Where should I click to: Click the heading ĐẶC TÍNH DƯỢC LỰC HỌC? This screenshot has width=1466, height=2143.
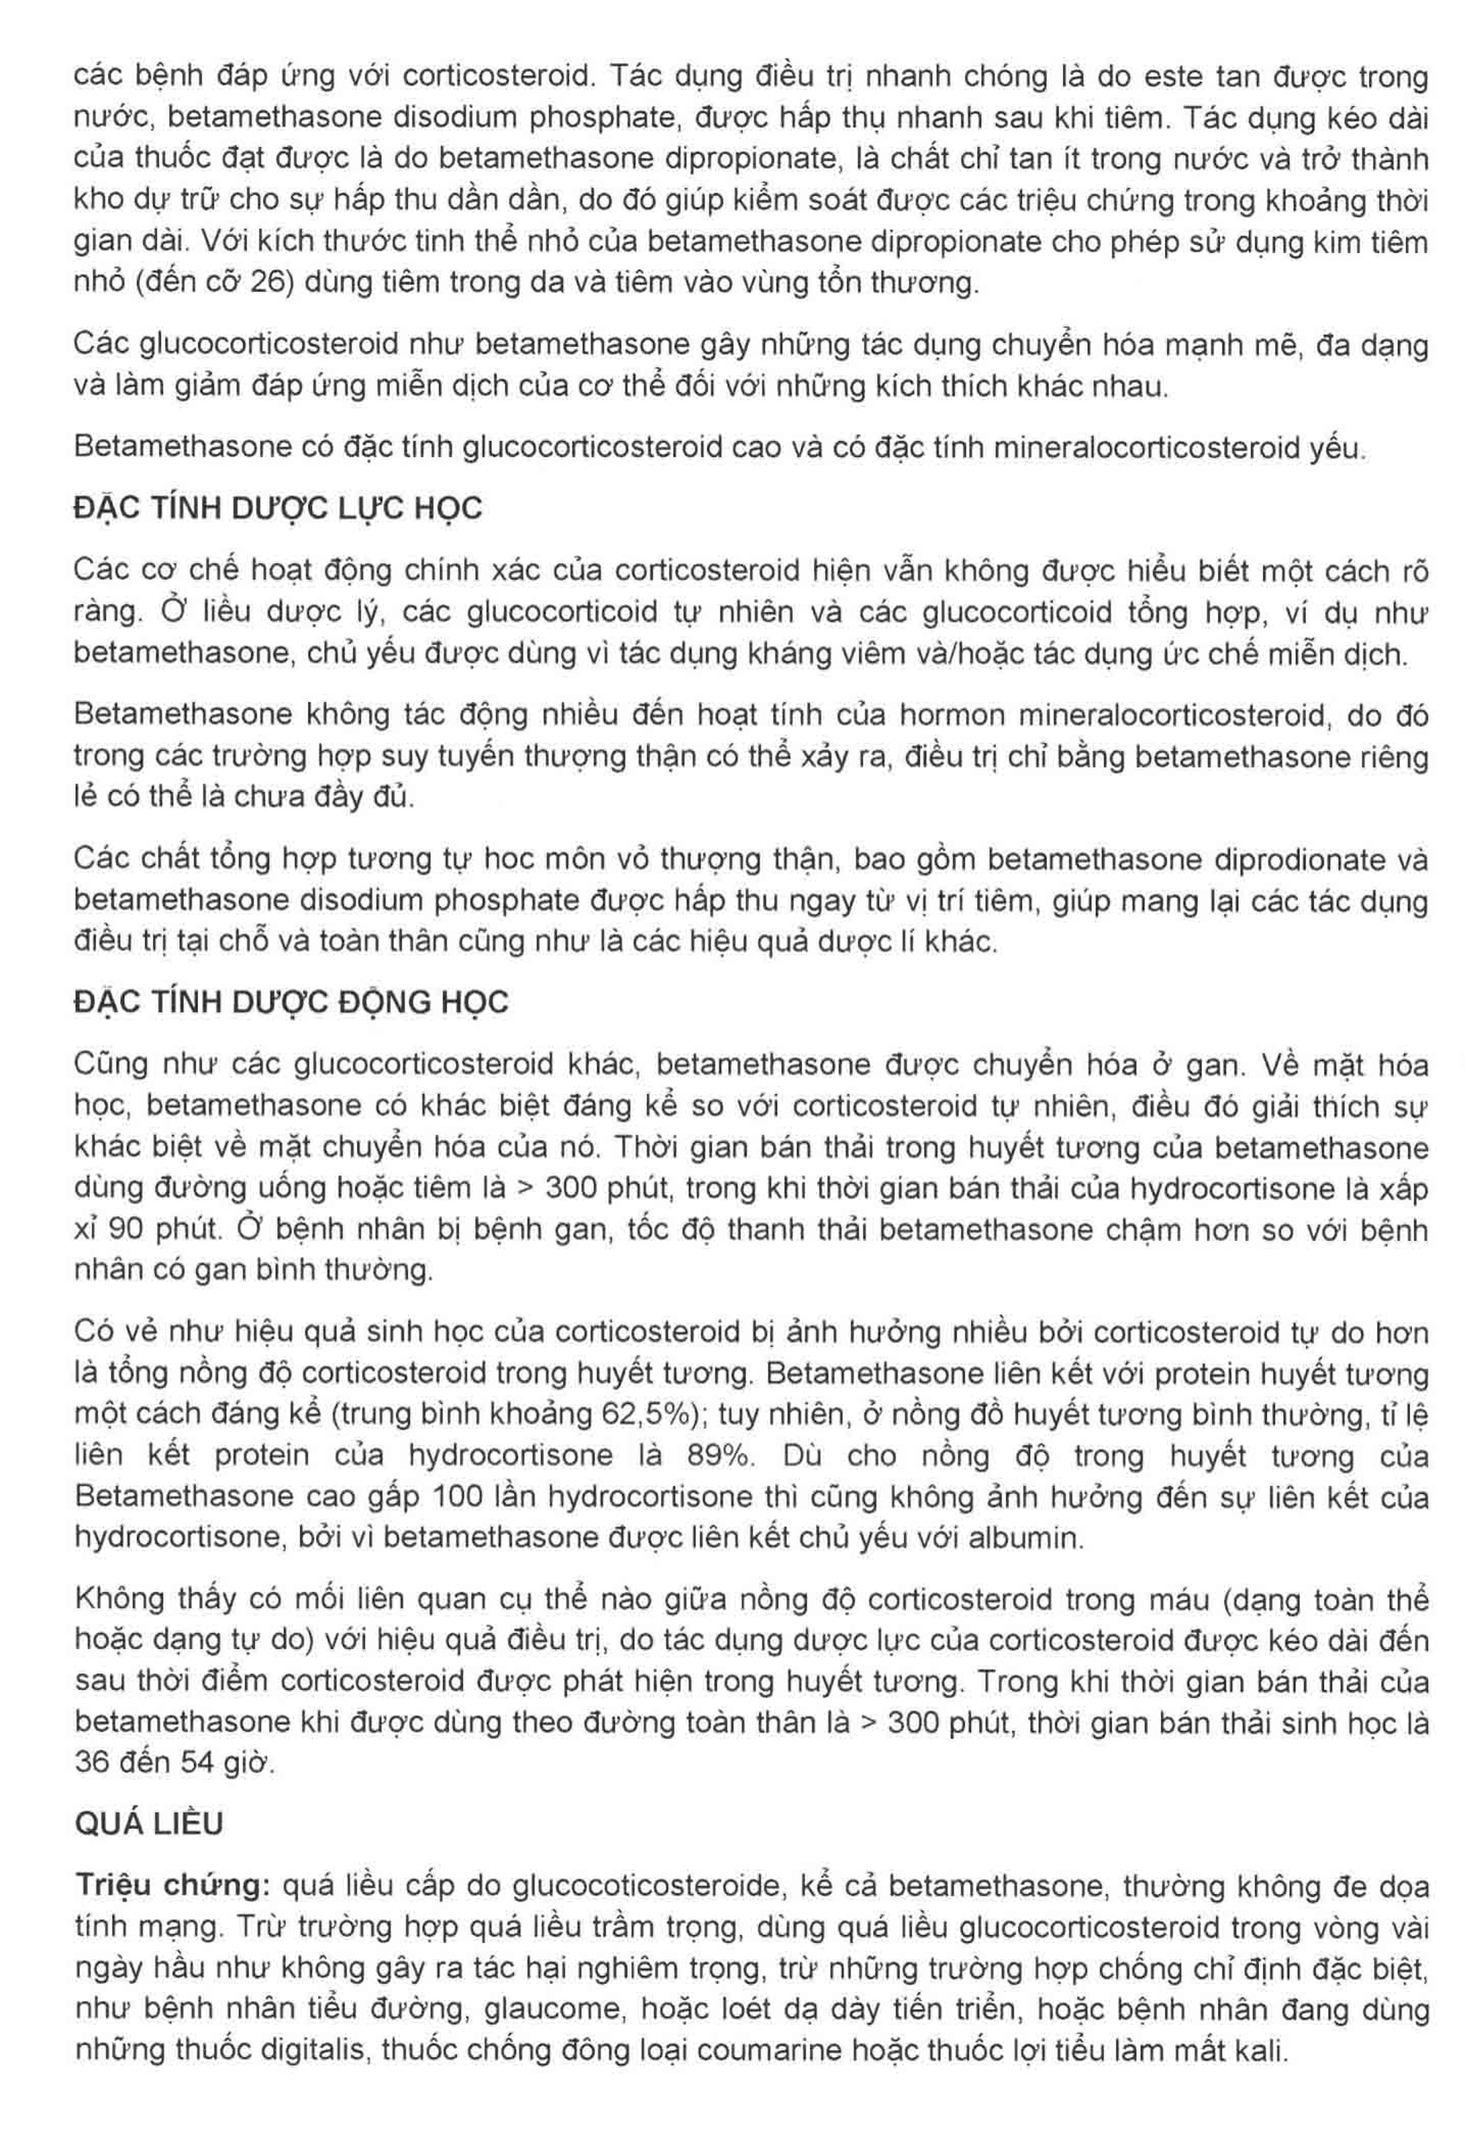tap(278, 509)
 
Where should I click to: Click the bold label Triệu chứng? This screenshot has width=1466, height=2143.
tap(172, 1886)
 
